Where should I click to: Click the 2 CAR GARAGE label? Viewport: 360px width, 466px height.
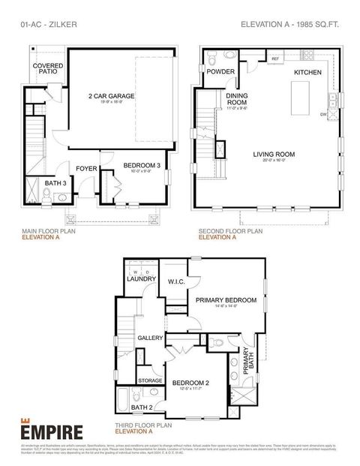[x=110, y=96]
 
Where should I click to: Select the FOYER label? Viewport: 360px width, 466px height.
[x=86, y=169]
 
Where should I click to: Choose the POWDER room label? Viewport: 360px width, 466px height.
[x=221, y=72]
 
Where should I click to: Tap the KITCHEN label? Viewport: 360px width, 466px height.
[x=307, y=72]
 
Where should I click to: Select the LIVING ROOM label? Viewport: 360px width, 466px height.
[x=274, y=155]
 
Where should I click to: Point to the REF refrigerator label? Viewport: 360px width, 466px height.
[x=275, y=59]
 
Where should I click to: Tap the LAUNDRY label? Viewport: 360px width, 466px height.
[x=141, y=279]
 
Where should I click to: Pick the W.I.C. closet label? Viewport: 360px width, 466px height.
[x=177, y=282]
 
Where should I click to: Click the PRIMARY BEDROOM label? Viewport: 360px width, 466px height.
[x=226, y=300]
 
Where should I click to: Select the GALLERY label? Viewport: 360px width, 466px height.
[x=150, y=338]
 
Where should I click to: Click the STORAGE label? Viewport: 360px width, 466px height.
[x=150, y=380]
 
